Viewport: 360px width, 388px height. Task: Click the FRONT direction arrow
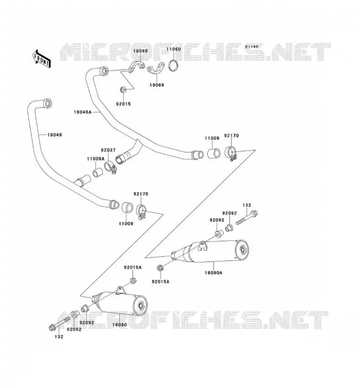coord(42,59)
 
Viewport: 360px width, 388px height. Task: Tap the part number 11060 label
coord(173,49)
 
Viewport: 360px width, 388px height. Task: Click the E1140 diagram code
coord(252,47)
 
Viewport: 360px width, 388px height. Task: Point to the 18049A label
coord(82,112)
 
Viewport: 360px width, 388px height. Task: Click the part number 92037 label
coord(108,150)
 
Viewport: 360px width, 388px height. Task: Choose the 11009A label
coord(96,159)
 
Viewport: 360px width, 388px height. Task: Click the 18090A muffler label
coord(213,273)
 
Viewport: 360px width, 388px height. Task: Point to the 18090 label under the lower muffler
coord(120,324)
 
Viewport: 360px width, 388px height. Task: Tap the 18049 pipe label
coord(55,135)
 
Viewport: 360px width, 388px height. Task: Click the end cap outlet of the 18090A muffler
coord(242,250)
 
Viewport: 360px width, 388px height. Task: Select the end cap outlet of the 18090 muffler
coord(141,306)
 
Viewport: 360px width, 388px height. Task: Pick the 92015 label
coord(123,104)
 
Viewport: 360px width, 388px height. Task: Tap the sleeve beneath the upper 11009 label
coord(213,154)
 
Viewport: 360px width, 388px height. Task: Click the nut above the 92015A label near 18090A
coord(160,268)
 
